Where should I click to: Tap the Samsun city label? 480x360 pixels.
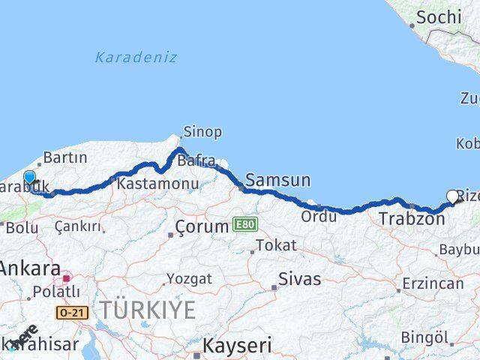[277, 180]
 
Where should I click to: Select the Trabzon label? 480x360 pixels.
[412, 219]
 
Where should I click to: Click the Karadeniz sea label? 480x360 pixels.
[136, 57]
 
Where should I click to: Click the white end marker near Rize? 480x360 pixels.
[452, 196]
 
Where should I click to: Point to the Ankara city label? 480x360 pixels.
[30, 268]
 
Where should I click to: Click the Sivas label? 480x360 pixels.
[299, 279]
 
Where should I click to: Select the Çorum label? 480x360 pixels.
[201, 226]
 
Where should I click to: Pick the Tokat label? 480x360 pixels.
[275, 245]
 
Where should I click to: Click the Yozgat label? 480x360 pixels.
[190, 279]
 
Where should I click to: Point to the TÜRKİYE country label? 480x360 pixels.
[148, 309]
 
